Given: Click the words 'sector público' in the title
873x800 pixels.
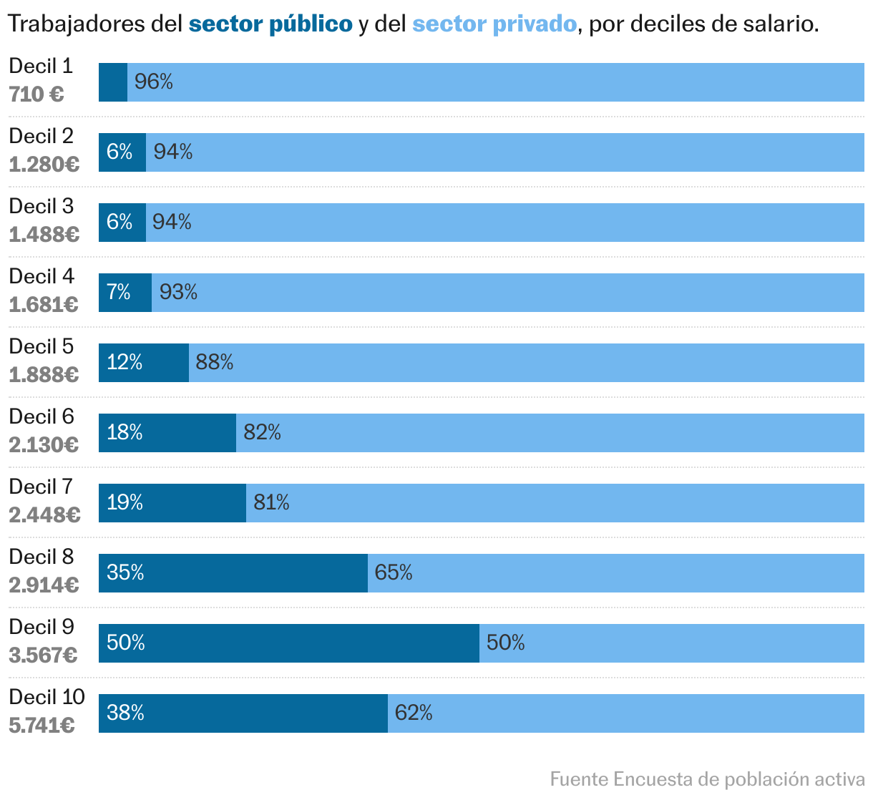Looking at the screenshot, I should tap(270, 24).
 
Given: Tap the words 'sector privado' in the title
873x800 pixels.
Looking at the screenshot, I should tap(494, 24).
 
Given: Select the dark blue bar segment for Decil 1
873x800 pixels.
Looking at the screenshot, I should tap(113, 82).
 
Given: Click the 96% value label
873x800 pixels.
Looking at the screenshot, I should tap(154, 82).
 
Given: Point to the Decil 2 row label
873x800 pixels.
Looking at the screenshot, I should tap(41, 136).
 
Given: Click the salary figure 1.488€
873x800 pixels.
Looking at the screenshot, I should tap(44, 235).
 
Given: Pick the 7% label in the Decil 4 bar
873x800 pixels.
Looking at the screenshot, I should tap(119, 292).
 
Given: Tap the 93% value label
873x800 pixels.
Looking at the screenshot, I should tap(178, 292).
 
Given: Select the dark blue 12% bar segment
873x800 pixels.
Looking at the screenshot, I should tap(144, 363).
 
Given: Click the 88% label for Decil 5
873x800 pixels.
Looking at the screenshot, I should tap(215, 363).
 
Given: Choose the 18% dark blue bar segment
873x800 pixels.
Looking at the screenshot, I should tap(167, 433).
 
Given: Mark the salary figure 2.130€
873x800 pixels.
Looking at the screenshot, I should tap(44, 445).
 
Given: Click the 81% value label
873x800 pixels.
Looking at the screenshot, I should tap(271, 503).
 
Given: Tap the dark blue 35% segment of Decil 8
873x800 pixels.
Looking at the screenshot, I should tap(233, 573).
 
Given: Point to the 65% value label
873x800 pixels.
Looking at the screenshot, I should tap(394, 573).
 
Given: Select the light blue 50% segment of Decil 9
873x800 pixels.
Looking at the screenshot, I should tap(671, 643).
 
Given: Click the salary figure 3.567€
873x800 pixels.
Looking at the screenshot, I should tap(44, 655).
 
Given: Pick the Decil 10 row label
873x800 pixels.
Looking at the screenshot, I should tap(47, 697).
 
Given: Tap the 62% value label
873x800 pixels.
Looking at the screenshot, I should tap(414, 713).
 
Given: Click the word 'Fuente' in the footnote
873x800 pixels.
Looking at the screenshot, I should tap(580, 779).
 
